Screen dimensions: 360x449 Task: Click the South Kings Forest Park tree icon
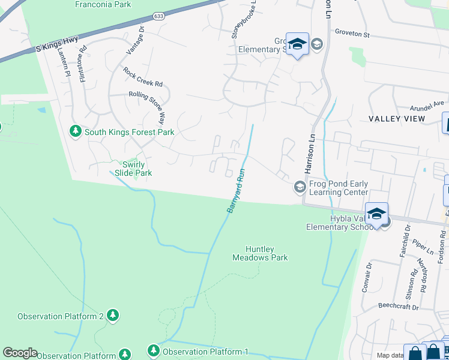coord(76,131)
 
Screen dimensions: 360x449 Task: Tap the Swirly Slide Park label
coord(137,168)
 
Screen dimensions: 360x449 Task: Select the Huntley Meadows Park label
coord(260,253)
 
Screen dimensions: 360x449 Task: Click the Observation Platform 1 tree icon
coord(154,350)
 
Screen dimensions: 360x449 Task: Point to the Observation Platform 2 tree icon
coord(112,315)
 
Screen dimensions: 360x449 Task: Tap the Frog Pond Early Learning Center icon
coord(300,188)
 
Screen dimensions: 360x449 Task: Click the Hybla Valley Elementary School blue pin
coord(376,213)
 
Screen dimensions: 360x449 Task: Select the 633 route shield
coord(158,16)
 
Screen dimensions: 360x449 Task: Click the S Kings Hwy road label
coord(58,46)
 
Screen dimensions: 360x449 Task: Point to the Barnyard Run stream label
coord(237,192)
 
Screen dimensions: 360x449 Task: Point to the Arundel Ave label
coord(426,106)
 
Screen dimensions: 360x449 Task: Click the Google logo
coord(20,353)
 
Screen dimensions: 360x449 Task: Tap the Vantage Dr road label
coord(133,41)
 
